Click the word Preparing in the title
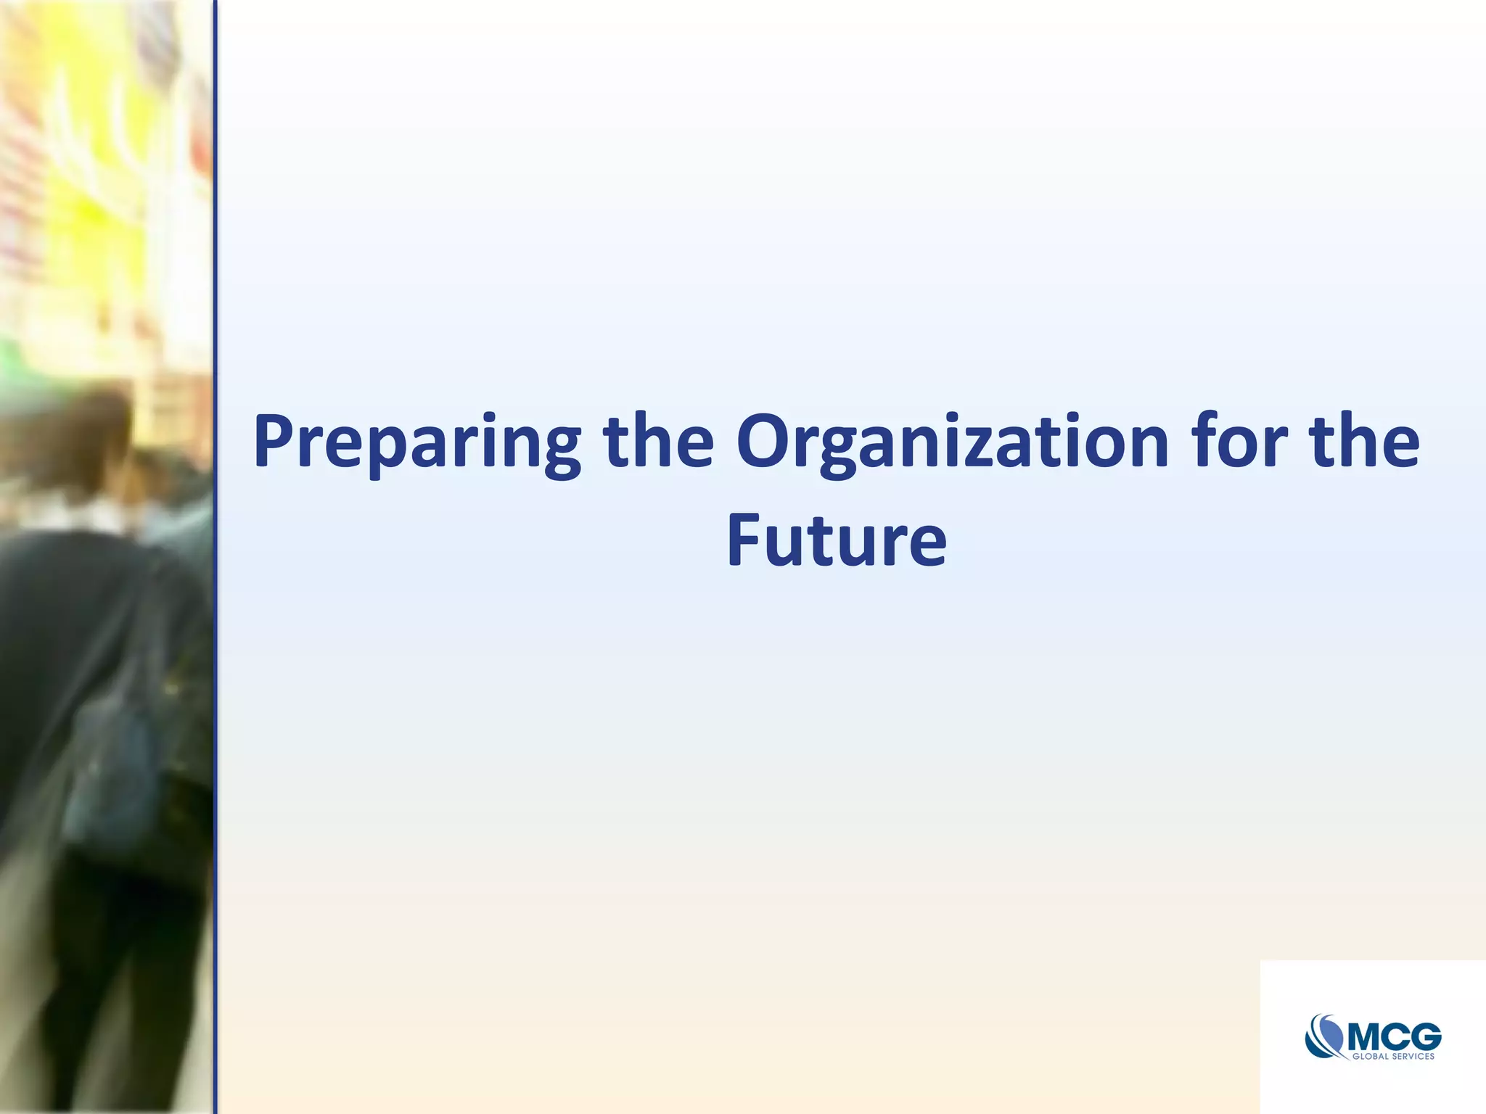click(416, 442)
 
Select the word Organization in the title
click(951, 442)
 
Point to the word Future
click(837, 540)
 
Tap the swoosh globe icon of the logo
click(1326, 1036)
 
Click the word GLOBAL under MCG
click(1369, 1057)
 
